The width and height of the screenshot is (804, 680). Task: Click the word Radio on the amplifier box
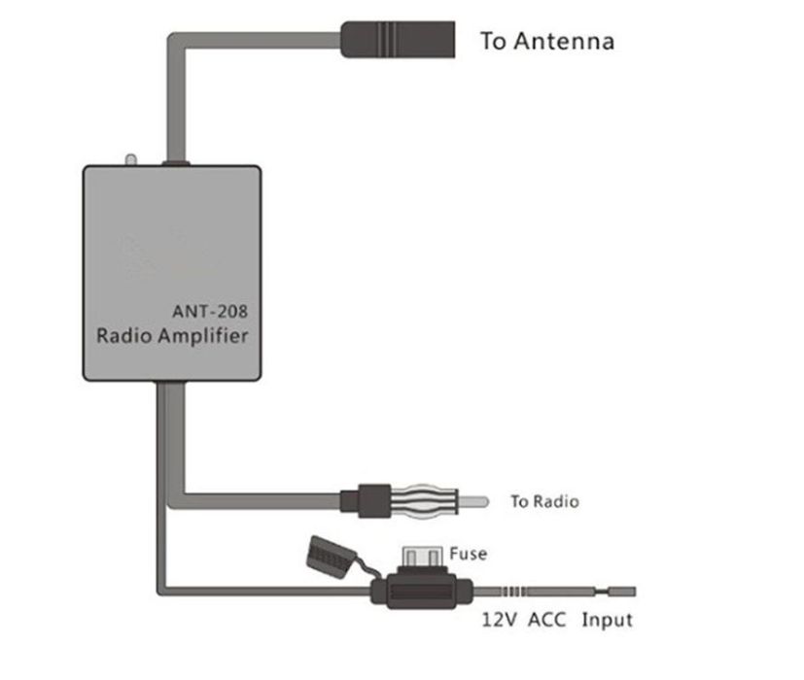coord(122,336)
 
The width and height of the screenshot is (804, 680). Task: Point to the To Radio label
coord(544,501)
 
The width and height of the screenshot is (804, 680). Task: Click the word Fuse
coord(468,554)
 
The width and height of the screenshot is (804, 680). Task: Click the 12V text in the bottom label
coord(501,620)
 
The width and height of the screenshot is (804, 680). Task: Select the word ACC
coord(547,620)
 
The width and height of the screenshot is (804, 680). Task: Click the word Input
coord(607,620)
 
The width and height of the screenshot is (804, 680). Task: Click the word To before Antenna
coord(494,42)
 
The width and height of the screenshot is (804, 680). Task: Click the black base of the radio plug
coord(373,500)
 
